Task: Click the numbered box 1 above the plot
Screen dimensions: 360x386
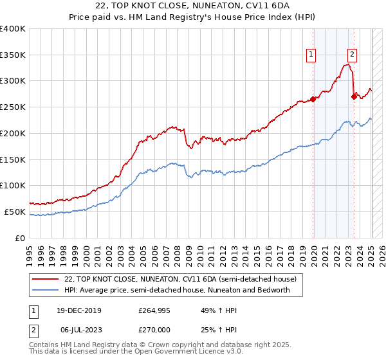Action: click(x=311, y=55)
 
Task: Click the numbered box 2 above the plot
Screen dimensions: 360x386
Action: click(x=353, y=55)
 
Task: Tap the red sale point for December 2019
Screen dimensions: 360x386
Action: click(x=313, y=99)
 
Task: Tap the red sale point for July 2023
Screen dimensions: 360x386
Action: click(x=354, y=96)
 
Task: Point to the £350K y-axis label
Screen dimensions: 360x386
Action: click(x=13, y=55)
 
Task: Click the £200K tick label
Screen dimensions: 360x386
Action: click(x=13, y=134)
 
